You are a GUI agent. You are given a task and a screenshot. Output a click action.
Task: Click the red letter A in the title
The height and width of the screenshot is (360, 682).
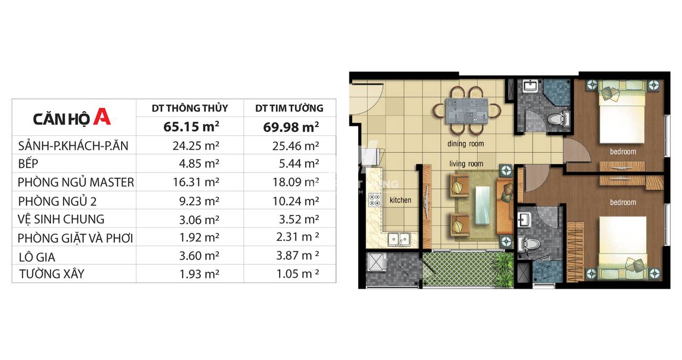coord(102,117)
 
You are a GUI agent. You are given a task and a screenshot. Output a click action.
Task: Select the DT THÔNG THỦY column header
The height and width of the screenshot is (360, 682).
coord(190,108)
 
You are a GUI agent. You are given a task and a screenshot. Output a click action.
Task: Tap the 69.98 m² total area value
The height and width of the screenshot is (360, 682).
coord(291,127)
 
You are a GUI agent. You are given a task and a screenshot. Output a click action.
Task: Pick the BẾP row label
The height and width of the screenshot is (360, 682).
coord(28,164)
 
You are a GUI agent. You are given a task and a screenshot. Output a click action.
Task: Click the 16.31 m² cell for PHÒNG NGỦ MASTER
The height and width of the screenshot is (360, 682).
coord(196,182)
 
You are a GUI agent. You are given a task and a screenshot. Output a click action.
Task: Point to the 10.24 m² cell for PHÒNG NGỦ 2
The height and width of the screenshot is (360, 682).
coord(296,201)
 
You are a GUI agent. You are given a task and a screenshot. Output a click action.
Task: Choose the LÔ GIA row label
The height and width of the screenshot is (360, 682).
coord(37,257)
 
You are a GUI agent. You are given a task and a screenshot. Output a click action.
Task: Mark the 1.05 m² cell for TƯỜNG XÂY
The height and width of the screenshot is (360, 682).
coord(297,273)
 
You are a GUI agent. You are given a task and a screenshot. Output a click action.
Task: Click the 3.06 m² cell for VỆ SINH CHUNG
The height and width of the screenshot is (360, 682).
coord(199,219)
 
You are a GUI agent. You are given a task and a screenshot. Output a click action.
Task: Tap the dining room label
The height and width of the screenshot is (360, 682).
coord(465,144)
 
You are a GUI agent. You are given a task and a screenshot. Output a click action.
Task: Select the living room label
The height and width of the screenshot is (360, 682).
coord(466,164)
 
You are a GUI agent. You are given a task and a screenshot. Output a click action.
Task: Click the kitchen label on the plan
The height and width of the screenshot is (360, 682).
coord(400,200)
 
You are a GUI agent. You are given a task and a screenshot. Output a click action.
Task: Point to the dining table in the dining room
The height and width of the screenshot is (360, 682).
coord(466,111)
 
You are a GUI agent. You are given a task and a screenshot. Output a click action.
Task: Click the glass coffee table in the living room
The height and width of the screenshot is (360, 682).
coord(483,206)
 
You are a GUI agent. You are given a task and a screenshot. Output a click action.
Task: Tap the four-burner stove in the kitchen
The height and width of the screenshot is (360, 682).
coord(375,200)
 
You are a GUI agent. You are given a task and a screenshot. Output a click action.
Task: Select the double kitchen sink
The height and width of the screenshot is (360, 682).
coord(399,239)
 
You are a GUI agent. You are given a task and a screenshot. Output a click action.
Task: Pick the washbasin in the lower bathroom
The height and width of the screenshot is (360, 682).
coord(524,219)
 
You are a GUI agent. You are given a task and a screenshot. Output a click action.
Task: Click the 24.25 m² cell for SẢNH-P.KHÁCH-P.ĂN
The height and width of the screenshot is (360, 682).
coord(196,146)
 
